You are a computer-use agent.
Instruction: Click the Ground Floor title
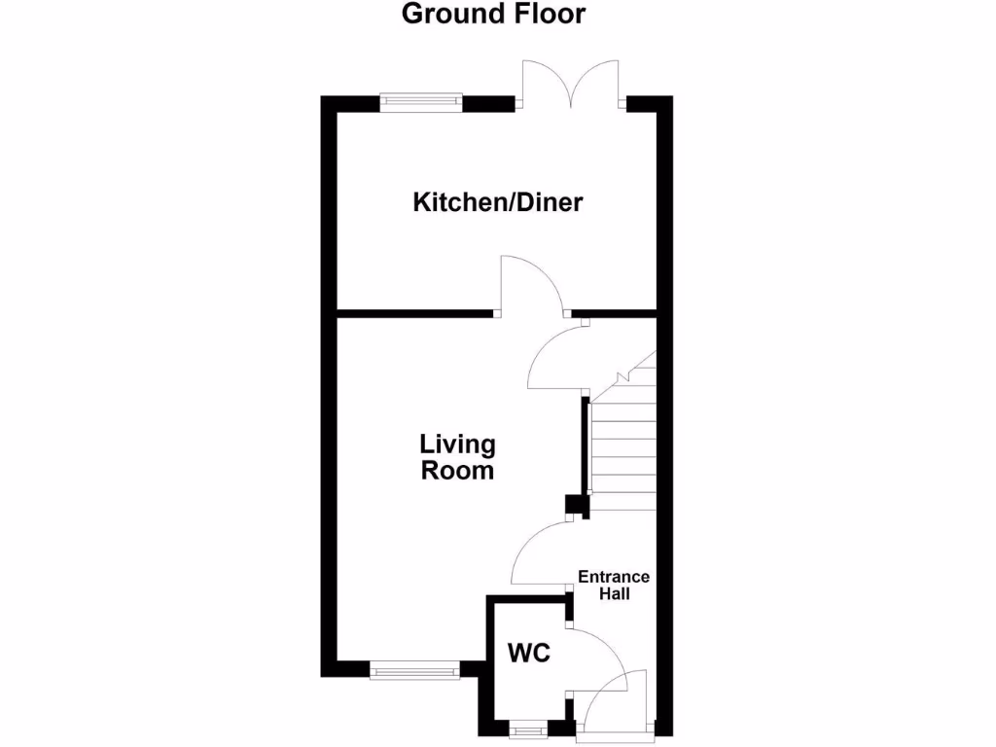[494, 15]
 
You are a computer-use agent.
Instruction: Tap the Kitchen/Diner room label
[498, 202]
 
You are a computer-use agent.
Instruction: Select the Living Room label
[457, 458]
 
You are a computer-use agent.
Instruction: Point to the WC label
[529, 653]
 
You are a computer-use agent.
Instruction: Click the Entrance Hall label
[614, 585]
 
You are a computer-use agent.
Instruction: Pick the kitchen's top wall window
[420, 101]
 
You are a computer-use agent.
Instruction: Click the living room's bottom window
[413, 669]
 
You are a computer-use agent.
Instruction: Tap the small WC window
[528, 727]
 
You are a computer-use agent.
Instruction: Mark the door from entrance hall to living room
[540, 554]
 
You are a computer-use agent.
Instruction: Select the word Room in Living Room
[457, 472]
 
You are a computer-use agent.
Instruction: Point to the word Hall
[614, 592]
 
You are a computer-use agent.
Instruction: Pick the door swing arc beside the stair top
[556, 355]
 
